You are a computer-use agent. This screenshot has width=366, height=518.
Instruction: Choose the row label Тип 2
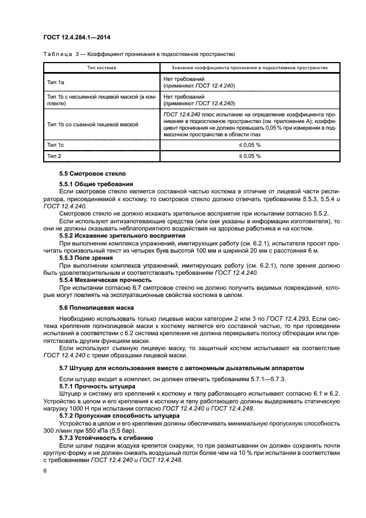54,156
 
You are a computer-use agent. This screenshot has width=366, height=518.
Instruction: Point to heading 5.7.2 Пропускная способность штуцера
119,414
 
